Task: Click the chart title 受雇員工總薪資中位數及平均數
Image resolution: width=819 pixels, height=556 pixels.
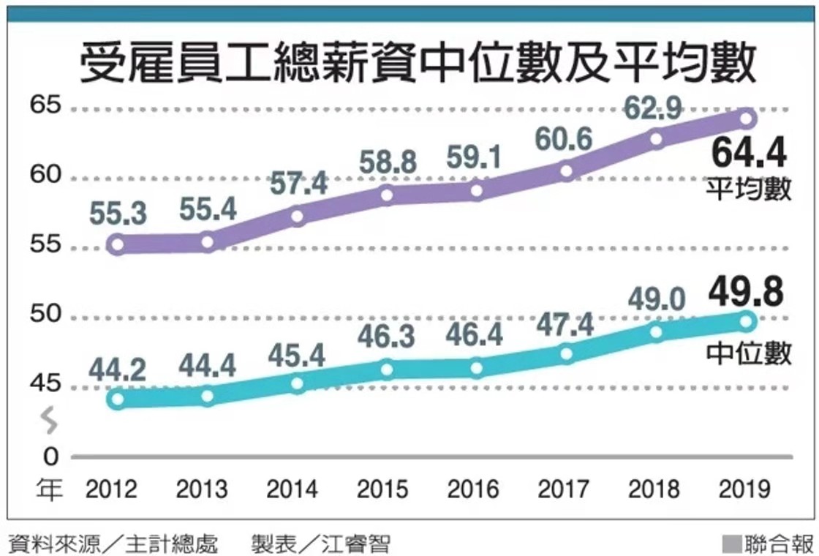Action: (x=418, y=62)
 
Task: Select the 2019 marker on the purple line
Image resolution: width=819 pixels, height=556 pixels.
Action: (x=747, y=119)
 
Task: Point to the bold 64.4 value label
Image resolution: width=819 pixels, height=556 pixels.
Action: (x=748, y=154)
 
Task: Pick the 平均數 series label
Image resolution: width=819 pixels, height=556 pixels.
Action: (x=748, y=189)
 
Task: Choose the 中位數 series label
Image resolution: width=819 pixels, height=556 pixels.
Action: (x=748, y=353)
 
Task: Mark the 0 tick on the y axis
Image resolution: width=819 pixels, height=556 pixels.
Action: (x=50, y=457)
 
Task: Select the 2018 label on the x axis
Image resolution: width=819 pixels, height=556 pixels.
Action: (x=655, y=489)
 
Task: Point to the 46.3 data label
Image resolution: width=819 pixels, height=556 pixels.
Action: (x=387, y=337)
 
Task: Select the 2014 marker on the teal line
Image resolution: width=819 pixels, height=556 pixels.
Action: (x=298, y=383)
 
